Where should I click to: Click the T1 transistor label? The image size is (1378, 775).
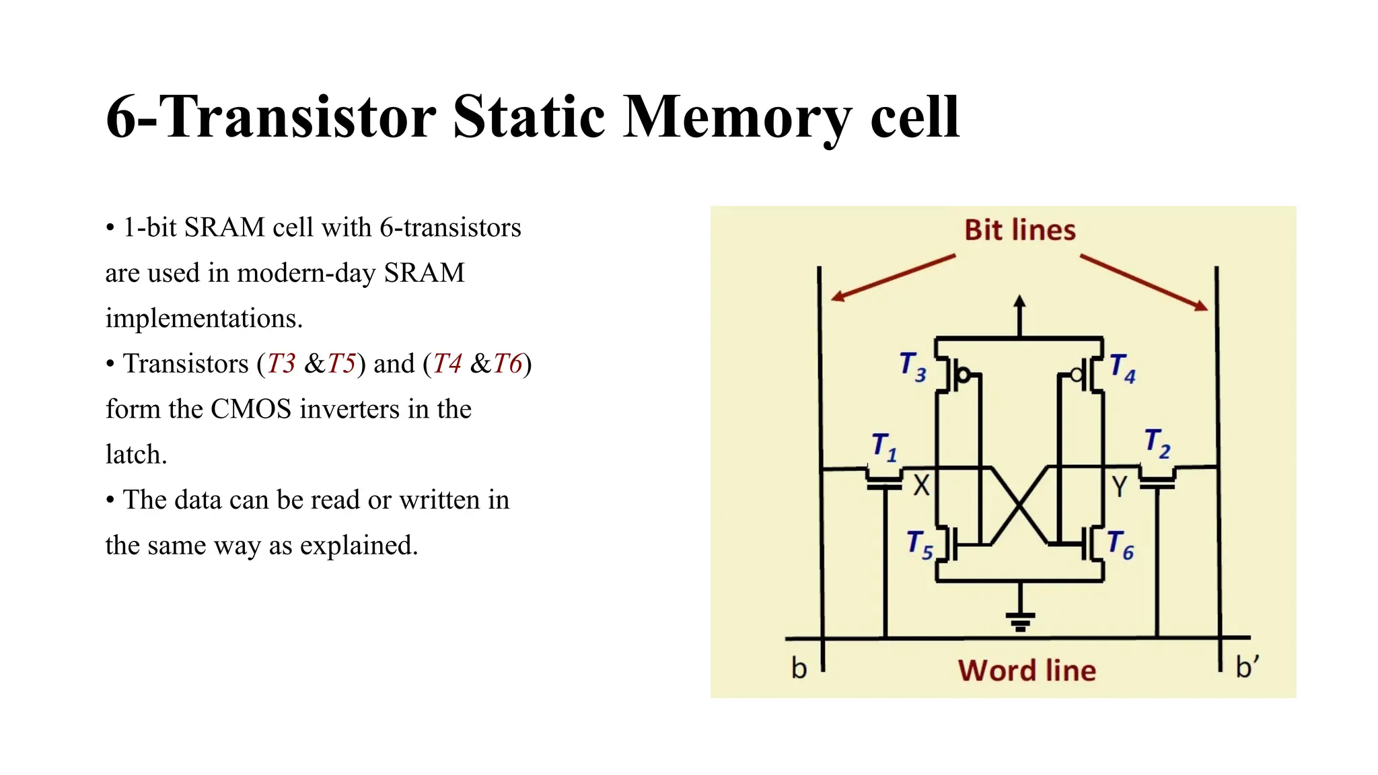click(x=884, y=447)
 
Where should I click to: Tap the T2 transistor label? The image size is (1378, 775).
click(x=1157, y=443)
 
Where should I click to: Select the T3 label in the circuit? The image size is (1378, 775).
click(x=912, y=367)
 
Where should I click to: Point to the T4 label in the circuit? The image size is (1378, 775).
click(x=1122, y=368)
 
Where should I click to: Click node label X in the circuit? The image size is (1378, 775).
click(x=921, y=485)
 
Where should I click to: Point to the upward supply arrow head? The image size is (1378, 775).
click(x=1019, y=302)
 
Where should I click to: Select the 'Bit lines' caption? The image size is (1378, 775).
click(x=1019, y=230)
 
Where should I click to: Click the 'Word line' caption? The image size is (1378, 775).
click(x=1027, y=671)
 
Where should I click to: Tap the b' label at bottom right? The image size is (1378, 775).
click(x=1247, y=667)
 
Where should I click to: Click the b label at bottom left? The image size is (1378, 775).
click(x=799, y=669)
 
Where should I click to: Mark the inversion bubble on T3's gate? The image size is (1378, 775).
click(x=964, y=375)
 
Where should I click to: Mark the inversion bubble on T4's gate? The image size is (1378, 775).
click(x=1077, y=375)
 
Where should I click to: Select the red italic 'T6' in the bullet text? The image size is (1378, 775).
click(x=507, y=364)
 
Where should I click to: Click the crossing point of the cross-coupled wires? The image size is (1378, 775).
click(x=1020, y=506)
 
